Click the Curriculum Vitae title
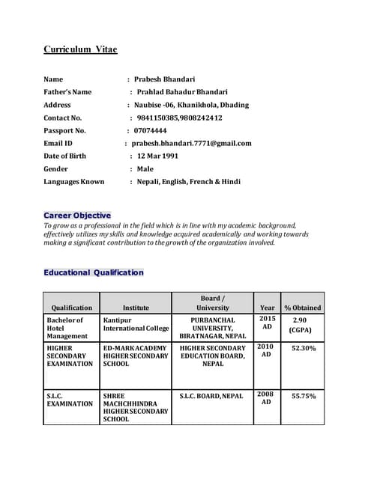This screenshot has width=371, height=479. point(80,49)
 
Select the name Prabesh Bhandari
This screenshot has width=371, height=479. point(165,79)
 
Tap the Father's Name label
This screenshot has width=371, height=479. point(67,91)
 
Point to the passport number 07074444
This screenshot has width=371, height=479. point(151,130)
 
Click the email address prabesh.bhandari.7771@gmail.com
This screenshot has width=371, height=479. point(192,143)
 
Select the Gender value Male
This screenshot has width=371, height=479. point(145,168)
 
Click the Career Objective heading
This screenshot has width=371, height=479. point(77,215)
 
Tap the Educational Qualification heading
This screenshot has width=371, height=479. point(93,272)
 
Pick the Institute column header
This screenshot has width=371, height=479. point(136,307)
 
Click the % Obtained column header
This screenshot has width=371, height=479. point(302,307)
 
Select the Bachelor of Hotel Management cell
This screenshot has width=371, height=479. point(67,328)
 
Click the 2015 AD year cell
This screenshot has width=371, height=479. point(266,323)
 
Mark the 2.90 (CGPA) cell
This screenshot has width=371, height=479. point(302,324)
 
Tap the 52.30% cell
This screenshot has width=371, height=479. point(303,348)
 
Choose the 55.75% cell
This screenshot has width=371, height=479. point(303,396)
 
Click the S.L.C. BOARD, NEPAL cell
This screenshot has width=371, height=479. point(212,396)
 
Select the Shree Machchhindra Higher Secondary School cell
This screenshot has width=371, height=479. point(136,407)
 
